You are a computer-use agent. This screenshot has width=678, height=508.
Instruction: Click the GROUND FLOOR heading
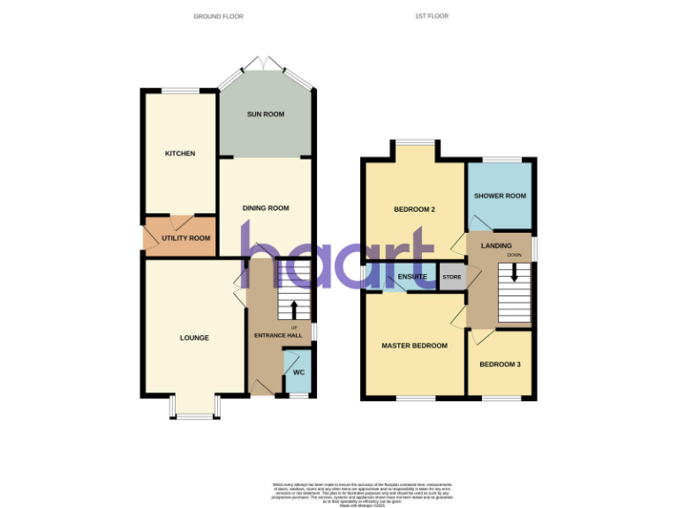pyautogui.click(x=218, y=16)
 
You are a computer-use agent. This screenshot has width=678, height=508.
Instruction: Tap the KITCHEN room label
pyautogui.click(x=180, y=153)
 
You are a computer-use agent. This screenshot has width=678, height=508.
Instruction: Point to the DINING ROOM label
pyautogui.click(x=266, y=208)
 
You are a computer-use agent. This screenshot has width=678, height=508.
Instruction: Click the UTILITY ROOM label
pyautogui.click(x=186, y=238)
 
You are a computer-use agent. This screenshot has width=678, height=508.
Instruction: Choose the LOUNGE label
pyautogui.click(x=194, y=337)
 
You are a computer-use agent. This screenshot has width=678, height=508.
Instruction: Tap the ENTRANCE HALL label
pyautogui.click(x=277, y=336)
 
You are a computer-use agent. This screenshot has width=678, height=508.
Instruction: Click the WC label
pyautogui.click(x=298, y=372)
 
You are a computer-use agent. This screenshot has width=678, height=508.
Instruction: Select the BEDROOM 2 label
pyautogui.click(x=414, y=209)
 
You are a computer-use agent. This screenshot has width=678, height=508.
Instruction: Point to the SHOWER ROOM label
pyautogui.click(x=500, y=196)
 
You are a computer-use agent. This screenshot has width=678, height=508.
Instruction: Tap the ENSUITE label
pyautogui.click(x=413, y=277)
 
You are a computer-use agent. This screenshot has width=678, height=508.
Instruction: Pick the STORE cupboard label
pyautogui.click(x=451, y=278)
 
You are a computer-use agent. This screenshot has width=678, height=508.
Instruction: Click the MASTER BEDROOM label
pyautogui.click(x=414, y=346)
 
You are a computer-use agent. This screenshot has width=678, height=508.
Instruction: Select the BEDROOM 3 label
pyautogui.click(x=501, y=364)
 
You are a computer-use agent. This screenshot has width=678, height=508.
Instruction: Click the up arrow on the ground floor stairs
pyautogui.click(x=294, y=309)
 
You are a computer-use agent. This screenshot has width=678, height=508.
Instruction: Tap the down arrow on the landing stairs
pyautogui.click(x=514, y=273)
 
